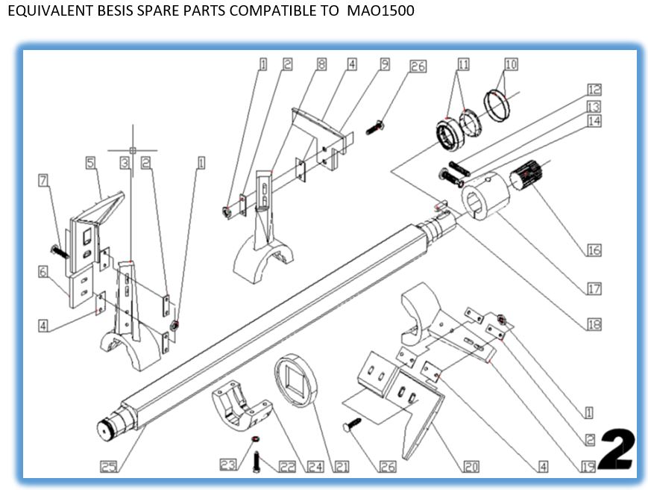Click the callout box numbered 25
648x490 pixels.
pyautogui.click(x=109, y=468)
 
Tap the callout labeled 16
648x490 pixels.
pyautogui.click(x=594, y=250)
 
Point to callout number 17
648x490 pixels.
pyautogui.click(x=594, y=288)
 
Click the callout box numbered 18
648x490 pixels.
pyautogui.click(x=594, y=325)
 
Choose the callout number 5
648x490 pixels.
pyautogui.click(x=90, y=162)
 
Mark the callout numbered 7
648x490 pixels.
pyautogui.click(x=43, y=181)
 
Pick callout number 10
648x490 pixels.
pyautogui.click(x=511, y=65)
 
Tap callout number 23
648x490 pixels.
pyautogui.click(x=227, y=465)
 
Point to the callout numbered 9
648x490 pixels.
pyautogui.click(x=385, y=65)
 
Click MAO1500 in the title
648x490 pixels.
pyautogui.click(x=380, y=11)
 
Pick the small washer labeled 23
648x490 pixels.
pyautogui.click(x=256, y=439)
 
